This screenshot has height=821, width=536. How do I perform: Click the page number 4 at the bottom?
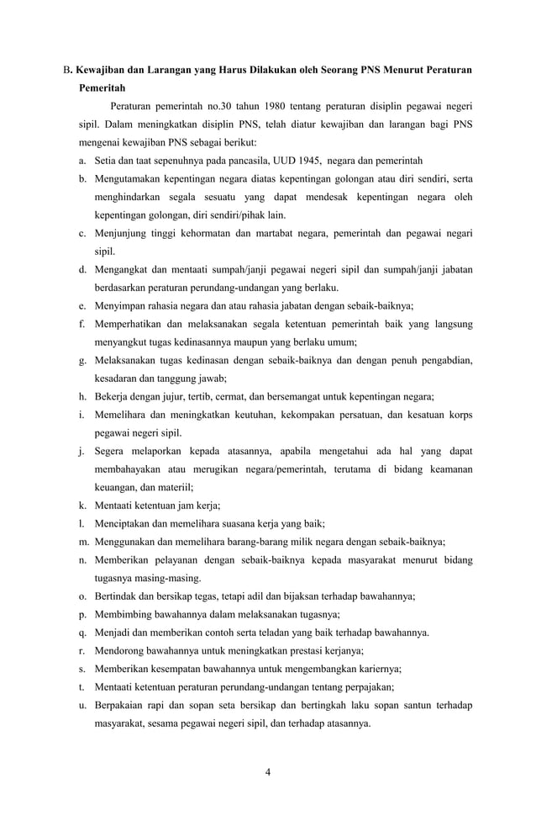pyautogui.click(x=267, y=773)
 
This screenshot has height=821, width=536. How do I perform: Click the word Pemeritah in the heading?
pyautogui.click(x=102, y=87)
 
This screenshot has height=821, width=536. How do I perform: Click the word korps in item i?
pyautogui.click(x=458, y=415)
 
